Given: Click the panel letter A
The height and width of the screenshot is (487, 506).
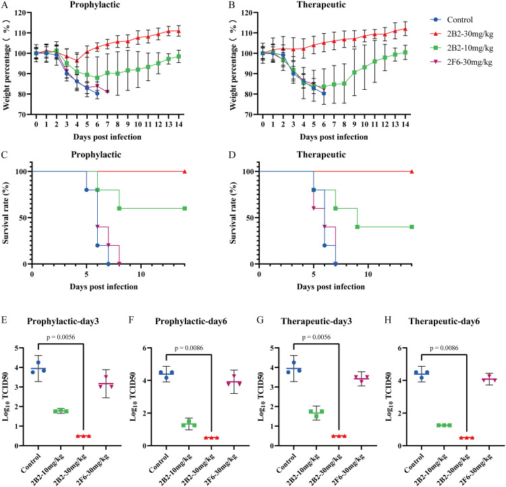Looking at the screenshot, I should point(5,5).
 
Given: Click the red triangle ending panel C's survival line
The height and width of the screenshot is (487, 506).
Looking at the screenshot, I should point(184,172).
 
